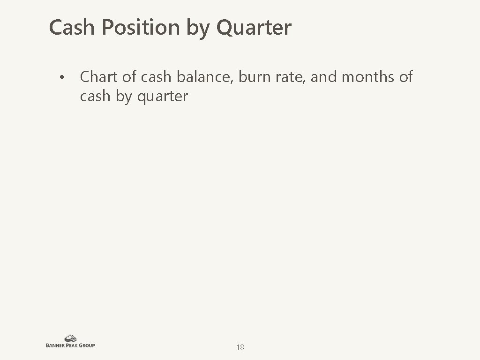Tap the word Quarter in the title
pos(254,28)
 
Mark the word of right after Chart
pos(129,77)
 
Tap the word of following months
pos(406,77)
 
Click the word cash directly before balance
pos(157,77)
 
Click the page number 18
pos(240,347)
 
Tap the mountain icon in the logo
pos(70,338)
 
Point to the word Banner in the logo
pos(56,345)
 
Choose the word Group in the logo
pos(86,345)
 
